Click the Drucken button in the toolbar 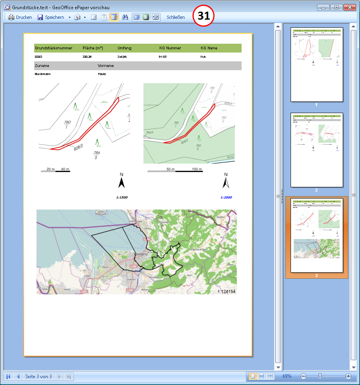[x=20, y=17]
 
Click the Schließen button [x=176, y=17]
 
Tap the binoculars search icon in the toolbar [x=125, y=17]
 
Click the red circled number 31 [x=204, y=16]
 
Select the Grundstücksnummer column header [x=53, y=48]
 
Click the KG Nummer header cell [x=170, y=48]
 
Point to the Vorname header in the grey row [x=106, y=65]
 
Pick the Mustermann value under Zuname [x=43, y=74]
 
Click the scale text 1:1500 [x=122, y=197]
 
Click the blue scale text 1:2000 [x=226, y=197]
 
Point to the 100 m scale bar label [x=197, y=169]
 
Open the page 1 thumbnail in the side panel [x=316, y=65]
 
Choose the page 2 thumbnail [x=316, y=150]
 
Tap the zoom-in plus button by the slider [x=348, y=376]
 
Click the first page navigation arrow [x=8, y=376]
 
